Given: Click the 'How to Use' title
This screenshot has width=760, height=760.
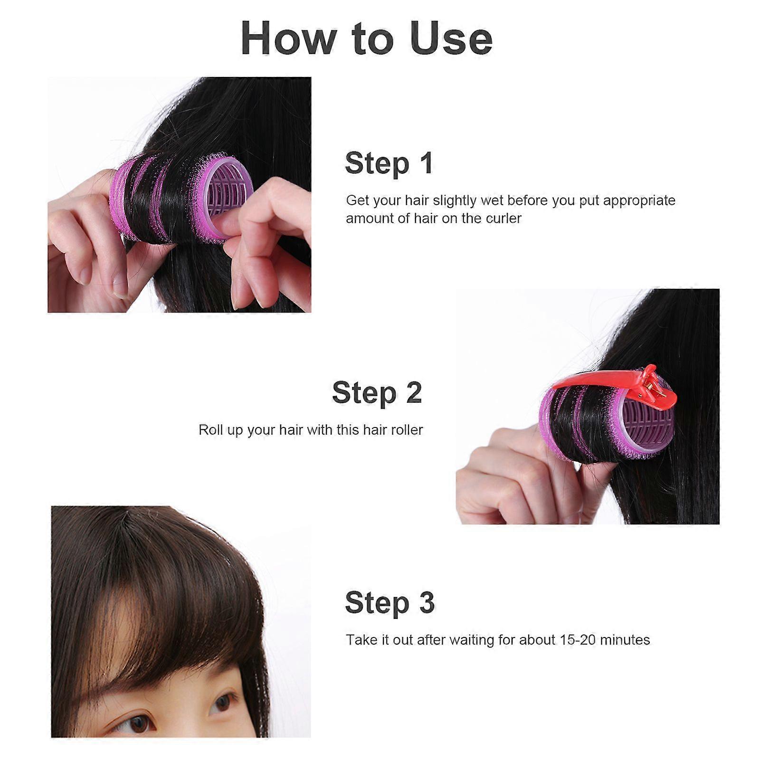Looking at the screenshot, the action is [x=366, y=38].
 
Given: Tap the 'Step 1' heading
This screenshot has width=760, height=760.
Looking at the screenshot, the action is [x=389, y=163].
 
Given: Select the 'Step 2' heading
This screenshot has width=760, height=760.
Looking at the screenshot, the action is [x=377, y=393].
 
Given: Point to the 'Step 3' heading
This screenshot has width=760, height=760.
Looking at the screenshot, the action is [x=390, y=603].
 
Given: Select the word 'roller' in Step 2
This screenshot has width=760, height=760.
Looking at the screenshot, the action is [x=405, y=430].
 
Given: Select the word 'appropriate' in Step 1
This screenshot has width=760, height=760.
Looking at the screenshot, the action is [x=639, y=201].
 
